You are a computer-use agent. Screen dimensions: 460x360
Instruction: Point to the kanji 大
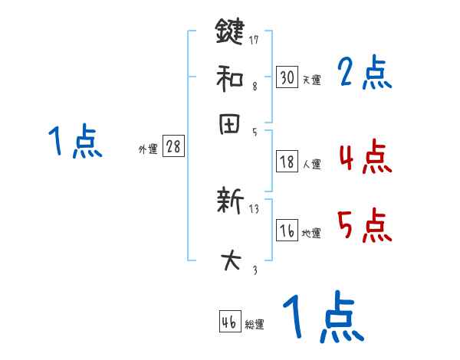(x=230, y=260)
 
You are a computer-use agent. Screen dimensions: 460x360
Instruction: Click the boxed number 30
(x=287, y=77)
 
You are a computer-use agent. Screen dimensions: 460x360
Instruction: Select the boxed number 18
(x=287, y=162)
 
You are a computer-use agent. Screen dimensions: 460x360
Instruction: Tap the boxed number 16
(x=287, y=231)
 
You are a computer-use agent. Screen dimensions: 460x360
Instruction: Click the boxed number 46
(x=229, y=322)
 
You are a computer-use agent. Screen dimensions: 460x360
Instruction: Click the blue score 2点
(x=364, y=74)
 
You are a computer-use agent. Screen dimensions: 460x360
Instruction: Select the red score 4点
(x=364, y=158)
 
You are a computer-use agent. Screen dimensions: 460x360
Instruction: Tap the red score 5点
(x=364, y=226)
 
